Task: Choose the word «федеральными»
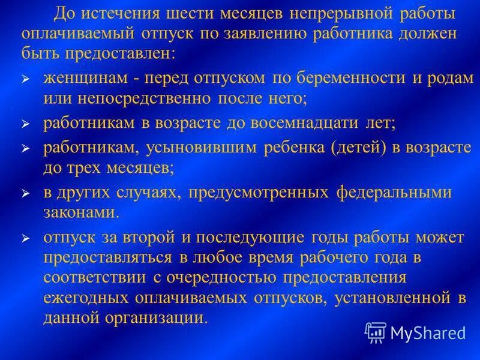pyautogui.click(x=393, y=193)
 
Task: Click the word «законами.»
pyautogui.click(x=81, y=212)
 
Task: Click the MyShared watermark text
pyautogui.click(x=428, y=332)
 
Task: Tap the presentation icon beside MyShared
pyautogui.click(x=376, y=331)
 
